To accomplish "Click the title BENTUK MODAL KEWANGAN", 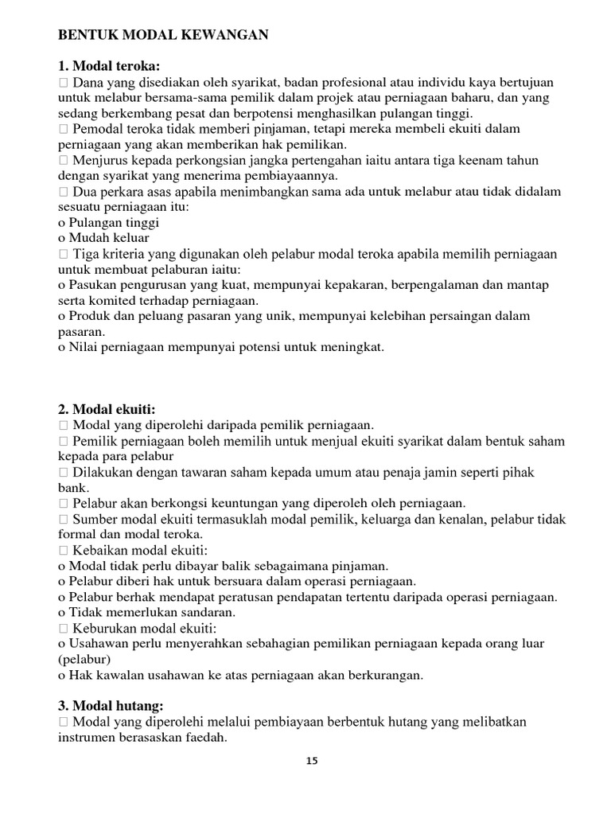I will pyautogui.click(x=163, y=35).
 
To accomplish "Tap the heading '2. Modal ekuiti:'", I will pyautogui.click(x=107, y=409).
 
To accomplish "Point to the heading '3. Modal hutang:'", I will pyautogui.click(x=111, y=706).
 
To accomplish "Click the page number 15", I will pyautogui.click(x=312, y=761).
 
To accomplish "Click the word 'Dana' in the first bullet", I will pyautogui.click(x=87, y=83).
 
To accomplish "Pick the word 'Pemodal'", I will pyautogui.click(x=98, y=128).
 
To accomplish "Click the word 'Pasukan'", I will pyautogui.click(x=91, y=285).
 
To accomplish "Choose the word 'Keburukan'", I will pyautogui.click(x=102, y=628).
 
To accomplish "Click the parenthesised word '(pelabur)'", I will pyautogui.click(x=84, y=660).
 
